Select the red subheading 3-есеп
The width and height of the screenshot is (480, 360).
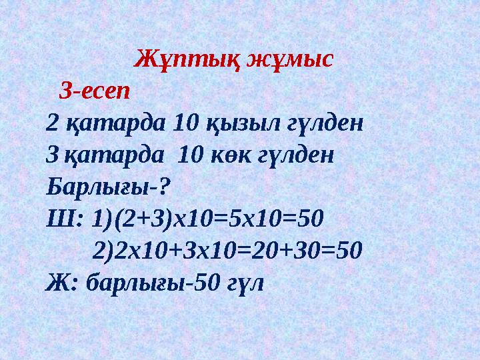point(95,90)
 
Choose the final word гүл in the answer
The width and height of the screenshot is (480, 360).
point(247,283)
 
